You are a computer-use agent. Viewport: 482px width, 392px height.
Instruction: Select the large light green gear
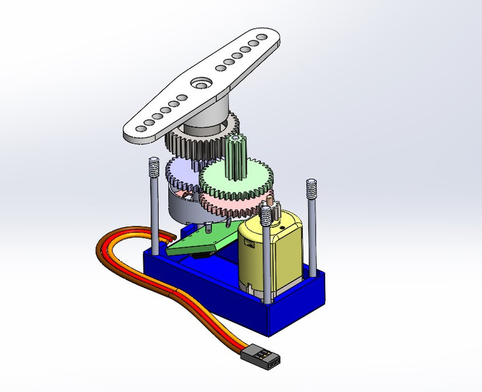pos(248,178)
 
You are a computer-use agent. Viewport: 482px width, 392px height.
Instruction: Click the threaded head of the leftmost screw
pos(154,165)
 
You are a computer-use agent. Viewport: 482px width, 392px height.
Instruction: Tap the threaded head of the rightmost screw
pos(311,186)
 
